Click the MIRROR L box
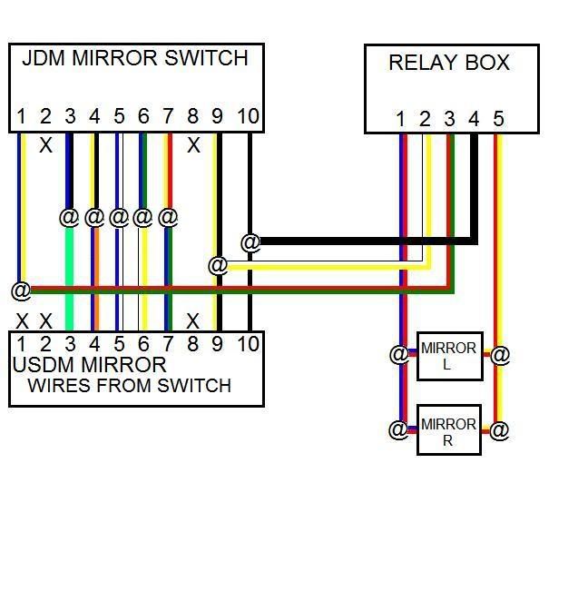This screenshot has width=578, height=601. coord(448,356)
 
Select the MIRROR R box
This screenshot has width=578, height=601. coord(448,431)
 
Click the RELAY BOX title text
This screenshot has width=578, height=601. coord(448,63)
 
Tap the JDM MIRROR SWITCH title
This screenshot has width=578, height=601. coord(134,58)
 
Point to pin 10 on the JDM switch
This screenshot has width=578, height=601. coord(247,116)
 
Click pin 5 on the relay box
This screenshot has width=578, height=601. coord(498,119)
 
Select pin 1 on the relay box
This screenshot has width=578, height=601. coord(400,119)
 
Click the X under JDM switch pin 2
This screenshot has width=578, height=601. coord(45,145)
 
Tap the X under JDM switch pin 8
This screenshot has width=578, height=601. coord(192,145)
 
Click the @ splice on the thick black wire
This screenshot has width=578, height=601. coord(250,242)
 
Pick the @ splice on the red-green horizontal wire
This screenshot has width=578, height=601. coord(21,291)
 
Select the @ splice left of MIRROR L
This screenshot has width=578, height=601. coord(398,354)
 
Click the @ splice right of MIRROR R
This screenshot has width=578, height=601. coord(499,429)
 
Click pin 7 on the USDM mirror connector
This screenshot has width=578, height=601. coord(167,343)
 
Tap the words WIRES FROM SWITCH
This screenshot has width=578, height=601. coord(129,386)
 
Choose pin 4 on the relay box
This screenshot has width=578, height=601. coord(473,119)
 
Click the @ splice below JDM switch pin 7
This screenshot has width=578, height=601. coord(167,217)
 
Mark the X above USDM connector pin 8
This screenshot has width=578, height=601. coord(192,320)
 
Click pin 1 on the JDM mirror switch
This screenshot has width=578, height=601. coord(21,116)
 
